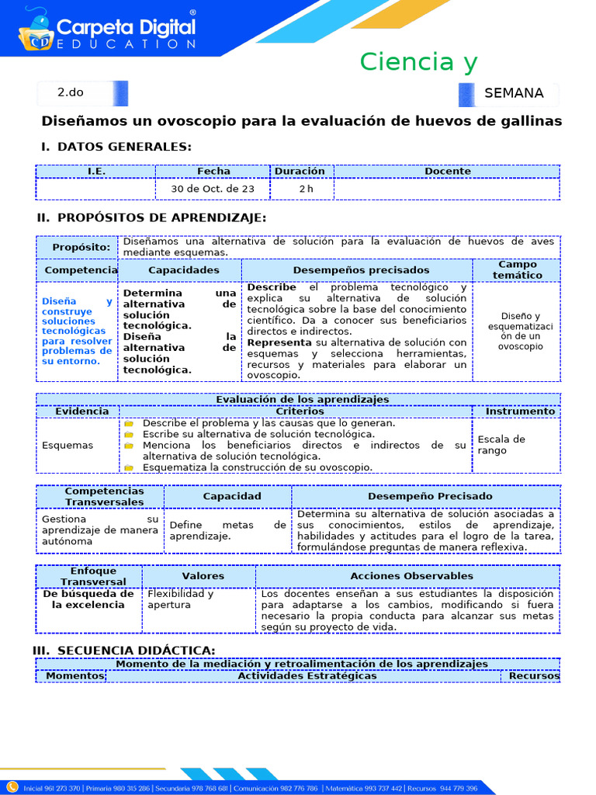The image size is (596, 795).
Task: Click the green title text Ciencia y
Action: coord(418,61)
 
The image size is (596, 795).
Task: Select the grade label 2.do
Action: coord(71,92)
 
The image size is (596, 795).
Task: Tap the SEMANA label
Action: coord(514,93)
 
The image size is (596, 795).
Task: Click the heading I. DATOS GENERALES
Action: coord(116,147)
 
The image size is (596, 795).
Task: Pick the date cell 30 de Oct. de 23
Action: coord(213,189)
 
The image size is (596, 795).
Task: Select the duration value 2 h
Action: coord(307,189)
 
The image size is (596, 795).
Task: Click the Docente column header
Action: coord(447,171)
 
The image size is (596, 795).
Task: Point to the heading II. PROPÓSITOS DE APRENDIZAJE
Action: coord(151,217)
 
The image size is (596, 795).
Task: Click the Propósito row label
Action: coord(81,247)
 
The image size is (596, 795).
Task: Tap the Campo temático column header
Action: coord(518,269)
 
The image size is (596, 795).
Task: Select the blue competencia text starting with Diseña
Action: coord(77,332)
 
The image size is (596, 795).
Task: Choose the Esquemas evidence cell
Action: coord(68,446)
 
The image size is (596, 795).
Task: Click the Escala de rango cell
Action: coord(501,445)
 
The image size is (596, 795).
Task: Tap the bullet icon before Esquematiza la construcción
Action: coord(129,467)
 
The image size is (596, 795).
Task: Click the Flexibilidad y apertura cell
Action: coord(181,599)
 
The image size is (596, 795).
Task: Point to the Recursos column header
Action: coord(534,675)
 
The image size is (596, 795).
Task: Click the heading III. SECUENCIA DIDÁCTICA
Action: coord(124,650)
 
